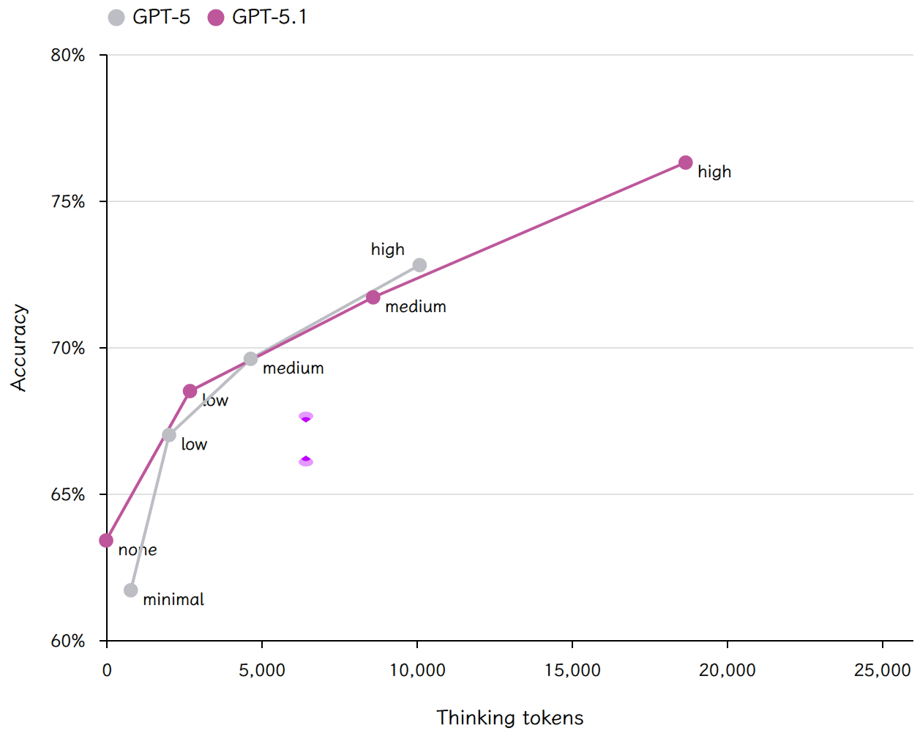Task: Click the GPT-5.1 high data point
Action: click(x=685, y=163)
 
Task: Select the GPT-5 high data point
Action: click(x=419, y=265)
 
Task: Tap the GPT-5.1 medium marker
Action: click(x=373, y=297)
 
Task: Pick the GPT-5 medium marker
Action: click(x=250, y=359)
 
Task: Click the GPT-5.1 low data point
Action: click(x=190, y=390)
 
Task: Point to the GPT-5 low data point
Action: click(x=169, y=435)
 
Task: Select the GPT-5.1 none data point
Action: click(x=106, y=540)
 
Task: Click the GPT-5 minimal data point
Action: click(x=130, y=590)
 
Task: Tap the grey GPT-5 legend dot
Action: click(x=116, y=18)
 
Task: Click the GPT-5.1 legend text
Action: click(x=269, y=17)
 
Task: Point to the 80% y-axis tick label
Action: click(x=67, y=55)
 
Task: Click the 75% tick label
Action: click(x=67, y=201)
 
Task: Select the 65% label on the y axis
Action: click(x=67, y=494)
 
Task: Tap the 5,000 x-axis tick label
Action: click(x=261, y=670)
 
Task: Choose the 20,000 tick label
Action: click(x=728, y=670)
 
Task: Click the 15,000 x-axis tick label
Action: click(x=572, y=670)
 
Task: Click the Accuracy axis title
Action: click(x=19, y=347)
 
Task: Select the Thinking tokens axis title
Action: click(x=509, y=718)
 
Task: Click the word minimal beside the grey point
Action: click(x=173, y=599)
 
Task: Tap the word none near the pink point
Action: click(x=137, y=550)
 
